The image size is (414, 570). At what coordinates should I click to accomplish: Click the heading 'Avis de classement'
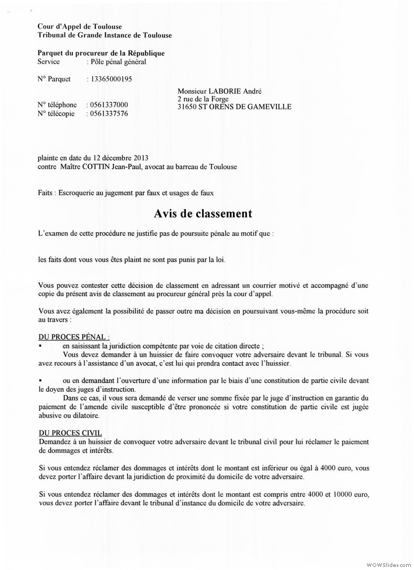click(x=203, y=213)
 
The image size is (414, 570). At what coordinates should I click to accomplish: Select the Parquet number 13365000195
click(x=111, y=79)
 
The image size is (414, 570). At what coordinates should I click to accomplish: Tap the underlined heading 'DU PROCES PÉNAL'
click(x=73, y=337)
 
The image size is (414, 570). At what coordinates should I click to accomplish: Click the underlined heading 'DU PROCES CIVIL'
click(x=70, y=432)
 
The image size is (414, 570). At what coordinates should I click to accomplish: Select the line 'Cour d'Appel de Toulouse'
click(x=77, y=26)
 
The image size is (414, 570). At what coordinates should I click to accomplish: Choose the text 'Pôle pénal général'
click(x=118, y=62)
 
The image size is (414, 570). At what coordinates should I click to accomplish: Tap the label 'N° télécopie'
click(x=57, y=113)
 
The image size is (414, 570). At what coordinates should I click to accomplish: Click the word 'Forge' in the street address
click(x=218, y=99)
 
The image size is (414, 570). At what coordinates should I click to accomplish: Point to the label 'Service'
click(x=49, y=62)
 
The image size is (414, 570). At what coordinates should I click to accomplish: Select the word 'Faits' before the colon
click(x=45, y=192)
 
